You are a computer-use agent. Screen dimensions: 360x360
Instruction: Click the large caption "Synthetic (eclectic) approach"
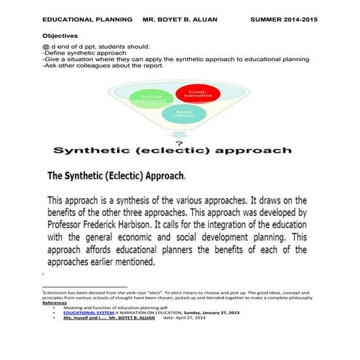click(172, 151)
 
